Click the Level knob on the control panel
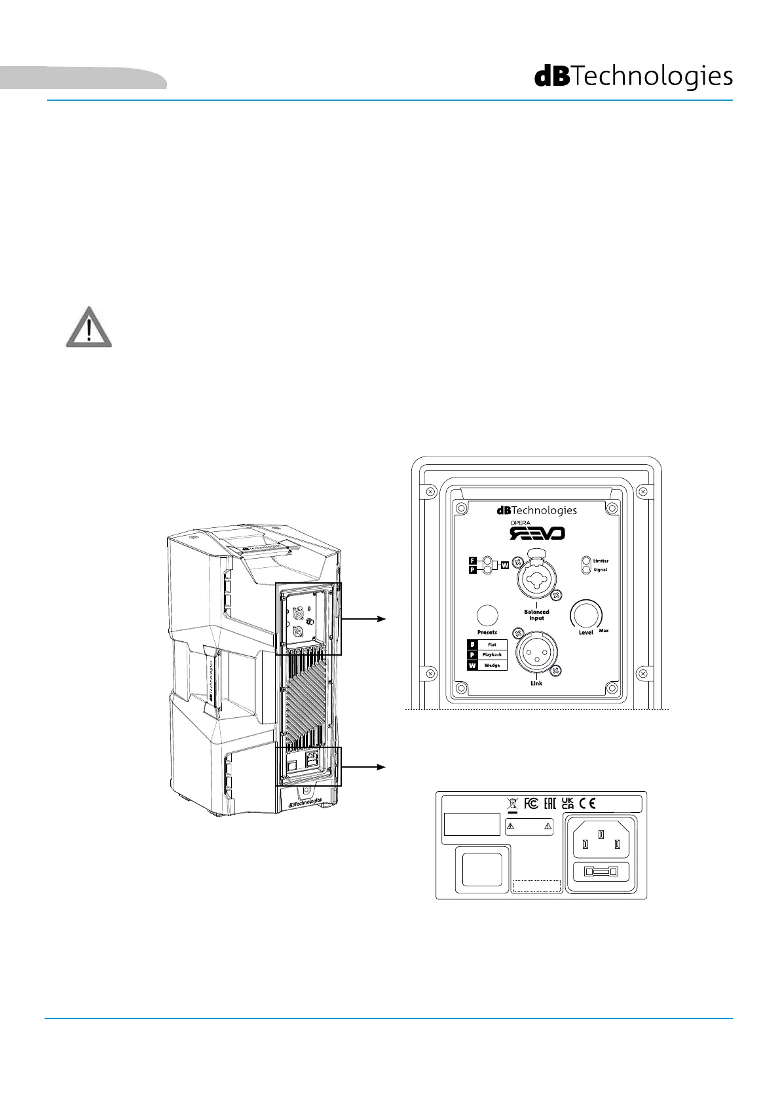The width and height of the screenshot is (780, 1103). coord(585,614)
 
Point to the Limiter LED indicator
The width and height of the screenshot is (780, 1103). coord(587,561)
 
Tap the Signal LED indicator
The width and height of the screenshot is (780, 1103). coord(587,570)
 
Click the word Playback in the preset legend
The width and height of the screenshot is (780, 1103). coord(492,655)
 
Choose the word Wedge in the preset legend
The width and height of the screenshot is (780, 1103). coord(492,665)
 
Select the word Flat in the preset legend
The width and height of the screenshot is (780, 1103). coord(492,645)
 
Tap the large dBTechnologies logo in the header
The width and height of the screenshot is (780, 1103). coord(633,77)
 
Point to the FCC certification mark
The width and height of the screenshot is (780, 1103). coord(532,804)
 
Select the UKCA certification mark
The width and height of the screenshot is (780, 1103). coord(568,804)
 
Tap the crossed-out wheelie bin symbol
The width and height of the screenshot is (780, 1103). coord(512,804)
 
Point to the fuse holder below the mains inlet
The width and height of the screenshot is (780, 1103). coord(601,872)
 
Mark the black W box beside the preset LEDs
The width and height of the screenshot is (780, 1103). coord(505,565)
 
